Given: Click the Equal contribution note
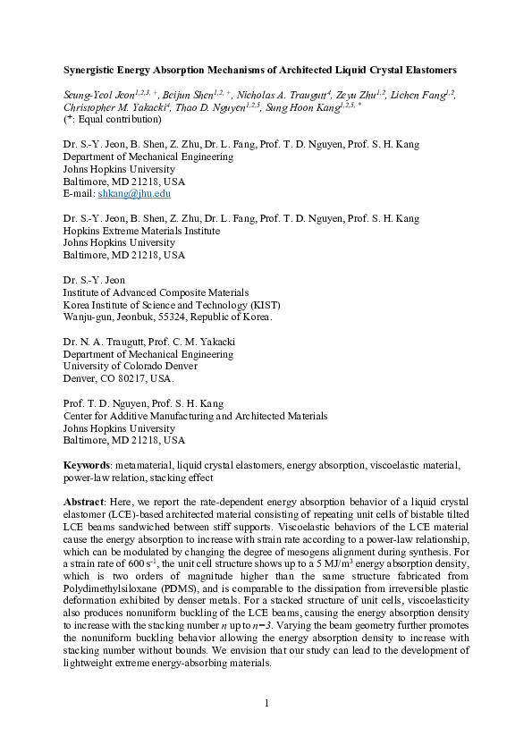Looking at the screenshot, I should click(112, 118).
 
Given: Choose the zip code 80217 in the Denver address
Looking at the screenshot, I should click(128, 378).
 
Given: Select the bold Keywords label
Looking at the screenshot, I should click(87, 465).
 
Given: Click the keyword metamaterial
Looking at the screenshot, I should click(144, 465).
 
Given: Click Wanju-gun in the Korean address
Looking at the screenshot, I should click(89, 317).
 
